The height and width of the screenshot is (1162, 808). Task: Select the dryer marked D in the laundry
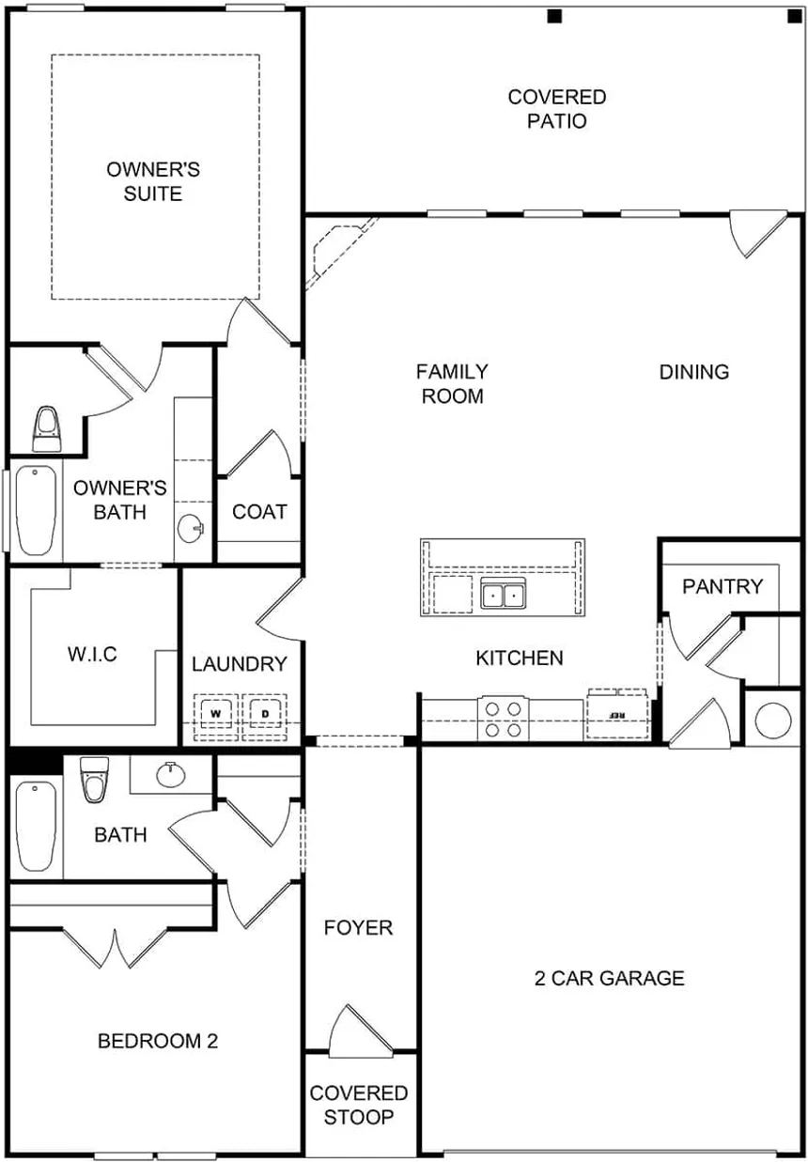tap(265, 714)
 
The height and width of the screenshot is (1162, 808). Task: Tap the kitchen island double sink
tap(504, 595)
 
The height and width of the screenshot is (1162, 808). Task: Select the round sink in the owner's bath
tap(193, 529)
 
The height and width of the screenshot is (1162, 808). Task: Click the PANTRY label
tap(723, 587)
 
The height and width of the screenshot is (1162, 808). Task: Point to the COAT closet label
tap(259, 512)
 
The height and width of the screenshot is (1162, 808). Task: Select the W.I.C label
tap(92, 655)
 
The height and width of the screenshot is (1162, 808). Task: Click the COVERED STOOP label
tap(359, 1106)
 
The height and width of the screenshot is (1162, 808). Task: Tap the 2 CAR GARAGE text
tap(609, 979)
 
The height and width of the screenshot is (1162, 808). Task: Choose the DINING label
tap(694, 372)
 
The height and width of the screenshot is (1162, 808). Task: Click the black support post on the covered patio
tap(554, 16)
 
